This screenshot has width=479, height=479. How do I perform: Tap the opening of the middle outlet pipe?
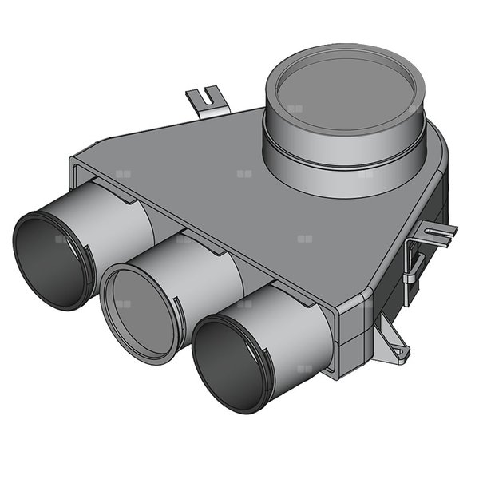(137, 311)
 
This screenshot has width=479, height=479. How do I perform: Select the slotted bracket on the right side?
(432, 233)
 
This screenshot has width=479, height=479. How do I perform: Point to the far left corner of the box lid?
(76, 164)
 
